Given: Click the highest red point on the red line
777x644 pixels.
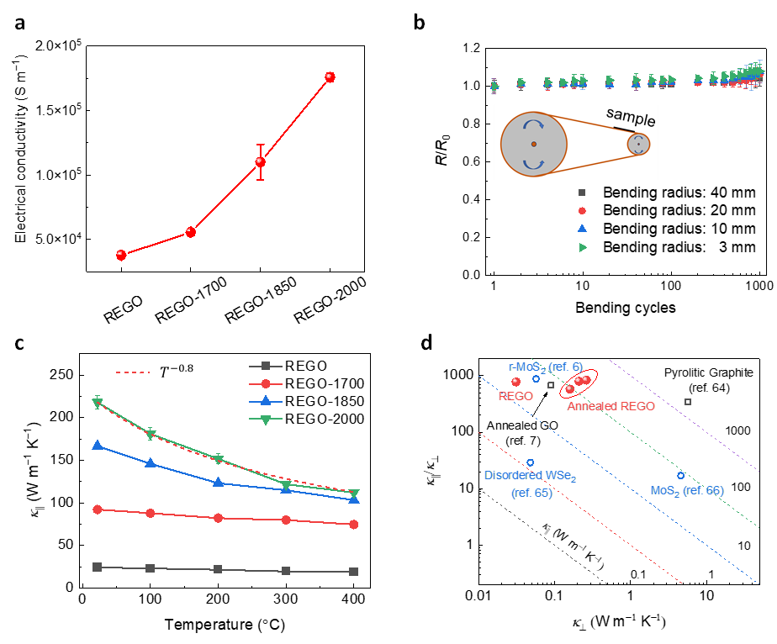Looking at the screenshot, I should point(330,77).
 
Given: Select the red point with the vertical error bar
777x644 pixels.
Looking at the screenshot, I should point(261,161).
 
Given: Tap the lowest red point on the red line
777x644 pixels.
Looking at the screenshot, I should point(121,255).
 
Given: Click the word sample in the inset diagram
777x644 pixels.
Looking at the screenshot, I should point(631,117).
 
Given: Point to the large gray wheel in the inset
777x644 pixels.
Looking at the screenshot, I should point(533,144).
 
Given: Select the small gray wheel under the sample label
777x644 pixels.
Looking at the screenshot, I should point(638,145).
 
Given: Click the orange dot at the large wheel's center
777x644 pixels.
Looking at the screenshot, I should point(533,144).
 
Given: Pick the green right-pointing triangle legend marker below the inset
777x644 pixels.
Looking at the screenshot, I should point(583,247).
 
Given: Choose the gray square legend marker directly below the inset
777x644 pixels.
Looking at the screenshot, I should point(582,193).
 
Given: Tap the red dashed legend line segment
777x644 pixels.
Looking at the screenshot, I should point(132,372).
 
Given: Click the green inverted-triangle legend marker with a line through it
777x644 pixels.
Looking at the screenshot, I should point(266,419).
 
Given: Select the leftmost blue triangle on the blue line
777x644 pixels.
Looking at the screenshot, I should point(98,445).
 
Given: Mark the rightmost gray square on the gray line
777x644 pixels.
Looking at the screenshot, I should point(354,572).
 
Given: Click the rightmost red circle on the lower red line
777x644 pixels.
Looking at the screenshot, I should point(354,525).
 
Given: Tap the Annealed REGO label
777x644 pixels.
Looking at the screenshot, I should point(611,406).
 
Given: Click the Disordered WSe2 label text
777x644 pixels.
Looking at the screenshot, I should point(530,476).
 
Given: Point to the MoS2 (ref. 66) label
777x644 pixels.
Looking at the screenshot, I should point(687,490).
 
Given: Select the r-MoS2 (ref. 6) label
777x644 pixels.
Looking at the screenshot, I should point(546,367).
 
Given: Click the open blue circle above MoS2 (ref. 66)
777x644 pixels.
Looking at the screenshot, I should point(681,476).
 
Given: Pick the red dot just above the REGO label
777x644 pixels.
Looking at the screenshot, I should point(516,382).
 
